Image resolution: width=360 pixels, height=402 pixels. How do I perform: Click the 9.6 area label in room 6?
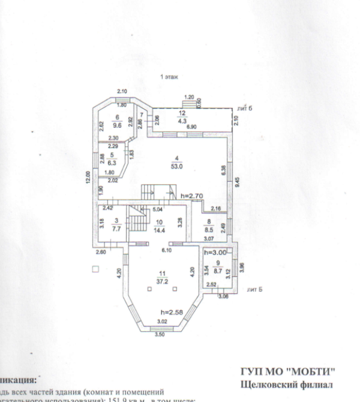118,125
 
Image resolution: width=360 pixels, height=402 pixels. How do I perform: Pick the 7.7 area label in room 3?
116,229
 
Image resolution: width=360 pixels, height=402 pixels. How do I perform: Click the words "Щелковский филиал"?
286,384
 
